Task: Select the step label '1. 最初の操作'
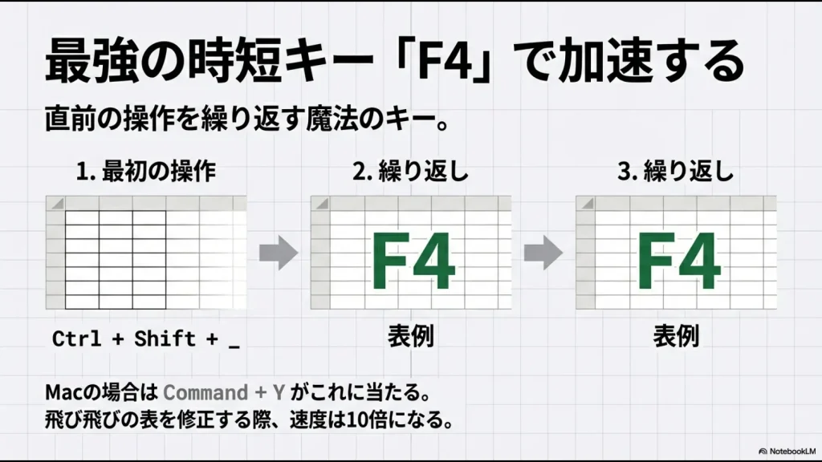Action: (146, 171)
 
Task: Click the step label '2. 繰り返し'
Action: (410, 171)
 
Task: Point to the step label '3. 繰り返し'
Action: (676, 171)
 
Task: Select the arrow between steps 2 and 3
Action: (543, 253)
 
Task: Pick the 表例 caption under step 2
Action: (410, 336)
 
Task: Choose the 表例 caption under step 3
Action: (675, 336)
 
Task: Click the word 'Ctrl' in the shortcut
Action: (76, 338)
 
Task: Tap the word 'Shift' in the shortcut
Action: (165, 338)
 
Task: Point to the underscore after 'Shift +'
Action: (234, 343)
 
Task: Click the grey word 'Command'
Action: (205, 393)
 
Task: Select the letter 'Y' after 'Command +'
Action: (279, 393)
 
